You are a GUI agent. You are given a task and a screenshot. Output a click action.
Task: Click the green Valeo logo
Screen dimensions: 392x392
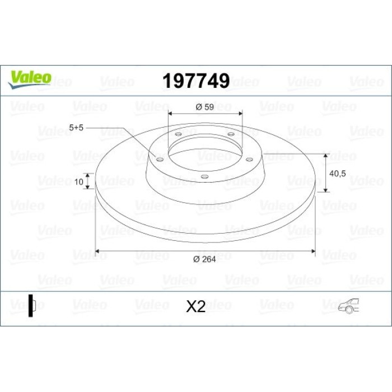[30, 80]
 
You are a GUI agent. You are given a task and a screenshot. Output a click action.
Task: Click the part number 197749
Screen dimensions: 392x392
[196, 81]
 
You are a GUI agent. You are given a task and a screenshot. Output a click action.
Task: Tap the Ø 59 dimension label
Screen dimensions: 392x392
[205, 107]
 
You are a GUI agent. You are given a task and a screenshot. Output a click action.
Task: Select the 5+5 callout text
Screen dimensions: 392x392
[76, 128]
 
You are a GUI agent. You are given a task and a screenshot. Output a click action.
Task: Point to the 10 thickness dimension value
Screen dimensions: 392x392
[79, 182]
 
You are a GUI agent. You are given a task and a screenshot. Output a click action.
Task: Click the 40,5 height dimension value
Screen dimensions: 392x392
[338, 174]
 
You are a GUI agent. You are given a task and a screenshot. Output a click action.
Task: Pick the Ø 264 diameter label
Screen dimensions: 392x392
[204, 259]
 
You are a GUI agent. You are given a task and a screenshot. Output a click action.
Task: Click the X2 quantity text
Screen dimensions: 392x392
[196, 306]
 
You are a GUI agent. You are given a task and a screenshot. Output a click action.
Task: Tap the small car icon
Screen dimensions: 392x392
[348, 306]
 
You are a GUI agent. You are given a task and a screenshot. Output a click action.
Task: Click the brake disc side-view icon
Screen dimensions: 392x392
[32, 306]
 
